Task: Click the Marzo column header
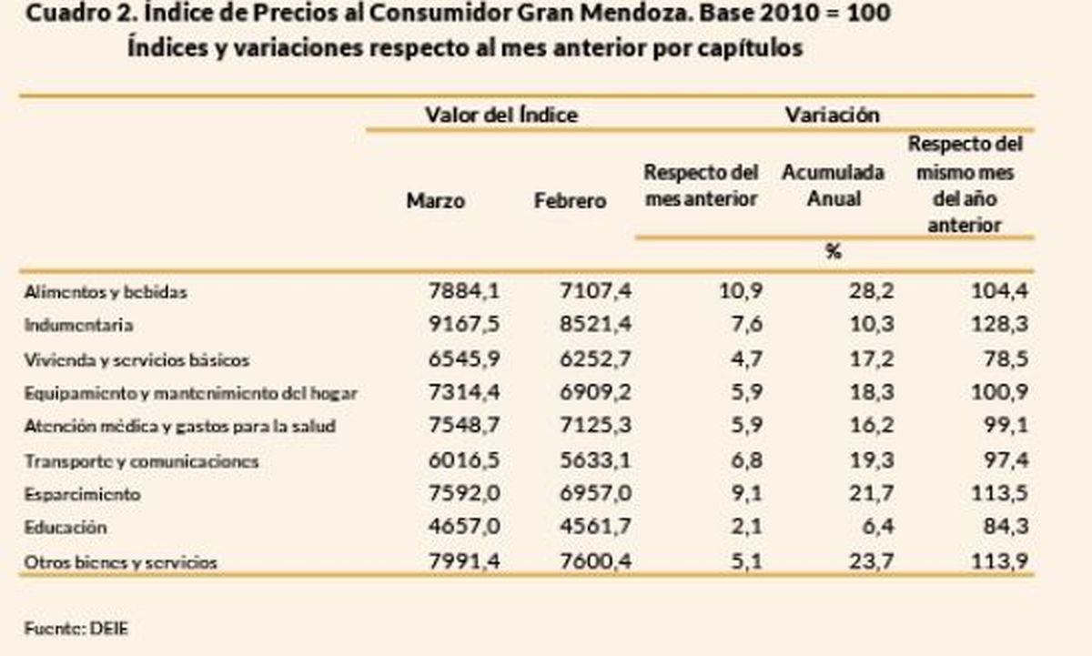pos(435,201)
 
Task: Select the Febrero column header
pos(570,201)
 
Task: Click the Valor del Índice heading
pos(500,116)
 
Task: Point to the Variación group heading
pos(832,116)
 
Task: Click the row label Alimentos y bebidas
pos(106,292)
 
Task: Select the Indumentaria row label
pos(79,325)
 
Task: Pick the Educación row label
pos(66,528)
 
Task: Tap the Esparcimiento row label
pos(82,494)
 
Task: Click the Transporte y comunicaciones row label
pos(141,461)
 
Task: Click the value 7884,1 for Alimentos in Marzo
pos(464,291)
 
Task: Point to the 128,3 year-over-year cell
pos(1001,325)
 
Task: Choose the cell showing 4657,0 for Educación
pos(464,528)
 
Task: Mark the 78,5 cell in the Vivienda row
pos(1008,359)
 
